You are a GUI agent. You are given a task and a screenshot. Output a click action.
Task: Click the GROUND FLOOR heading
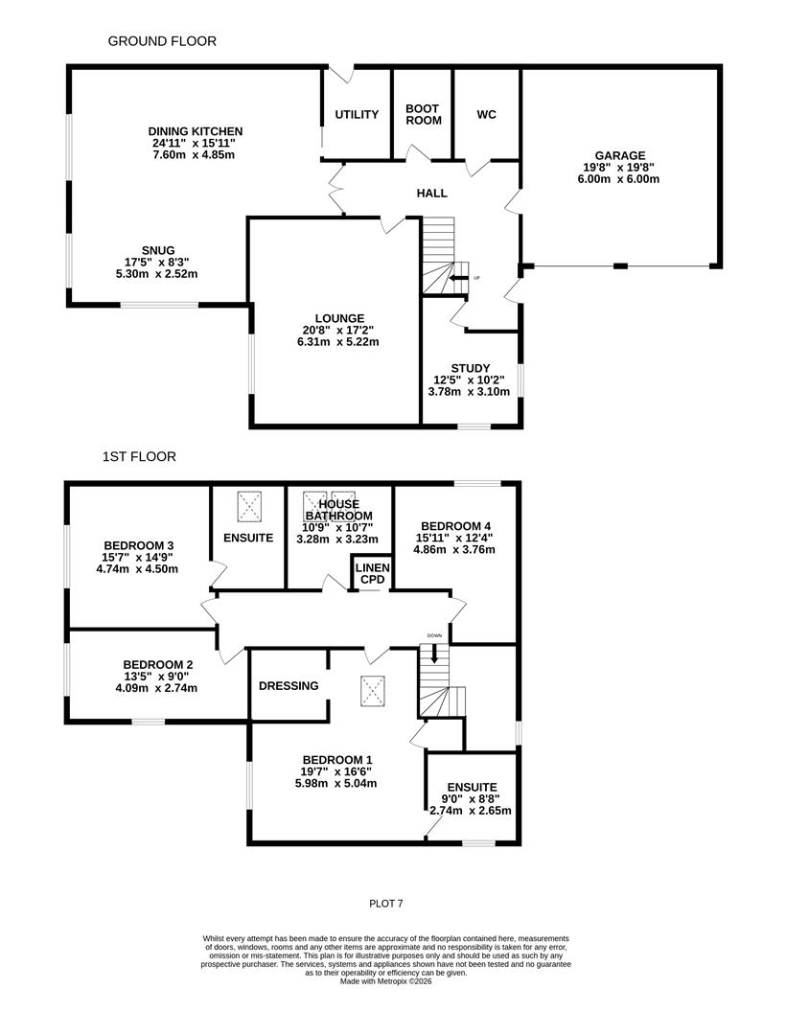[162, 41]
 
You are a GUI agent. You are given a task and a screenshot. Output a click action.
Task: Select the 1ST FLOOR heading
[139, 457]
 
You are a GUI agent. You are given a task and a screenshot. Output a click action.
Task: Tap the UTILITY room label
[357, 115]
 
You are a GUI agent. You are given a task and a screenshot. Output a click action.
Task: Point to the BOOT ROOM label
[423, 115]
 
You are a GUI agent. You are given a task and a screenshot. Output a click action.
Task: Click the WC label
[486, 115]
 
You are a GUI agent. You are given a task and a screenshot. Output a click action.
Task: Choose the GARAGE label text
[620, 155]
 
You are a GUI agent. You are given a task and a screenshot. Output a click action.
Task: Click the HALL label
[431, 194]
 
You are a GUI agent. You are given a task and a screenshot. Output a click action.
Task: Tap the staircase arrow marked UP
[456, 278]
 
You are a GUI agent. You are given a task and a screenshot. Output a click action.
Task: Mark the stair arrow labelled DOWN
[434, 654]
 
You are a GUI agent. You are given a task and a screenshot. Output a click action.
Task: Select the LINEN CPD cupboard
[373, 574]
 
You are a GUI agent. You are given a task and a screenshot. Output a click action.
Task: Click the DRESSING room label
[289, 686]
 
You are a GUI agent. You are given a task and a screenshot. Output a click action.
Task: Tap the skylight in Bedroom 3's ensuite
[250, 503]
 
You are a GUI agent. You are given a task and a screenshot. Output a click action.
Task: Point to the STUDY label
[470, 368]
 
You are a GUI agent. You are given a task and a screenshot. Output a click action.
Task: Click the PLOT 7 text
[393, 903]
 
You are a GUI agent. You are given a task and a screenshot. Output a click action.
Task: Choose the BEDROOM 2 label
[158, 664]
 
